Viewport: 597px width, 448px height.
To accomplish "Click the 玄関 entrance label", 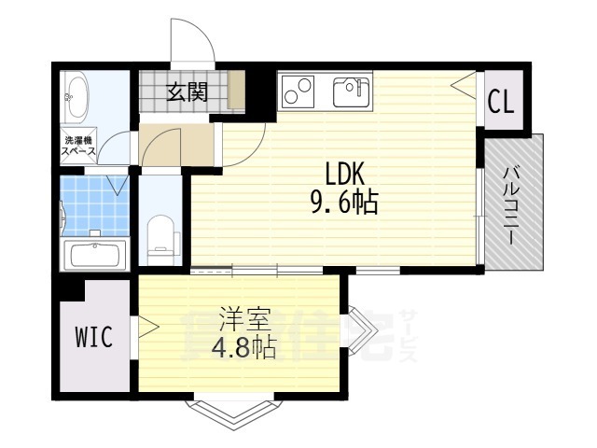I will (187, 91).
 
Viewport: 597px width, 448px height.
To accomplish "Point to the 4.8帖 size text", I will (245, 349).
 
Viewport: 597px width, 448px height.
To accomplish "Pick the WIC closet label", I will (93, 338).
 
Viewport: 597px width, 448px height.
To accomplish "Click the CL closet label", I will (501, 102).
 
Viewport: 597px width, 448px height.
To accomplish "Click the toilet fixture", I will (162, 235).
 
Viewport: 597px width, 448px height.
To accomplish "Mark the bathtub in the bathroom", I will (93, 254).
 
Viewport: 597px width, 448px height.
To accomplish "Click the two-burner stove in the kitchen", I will (299, 91).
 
